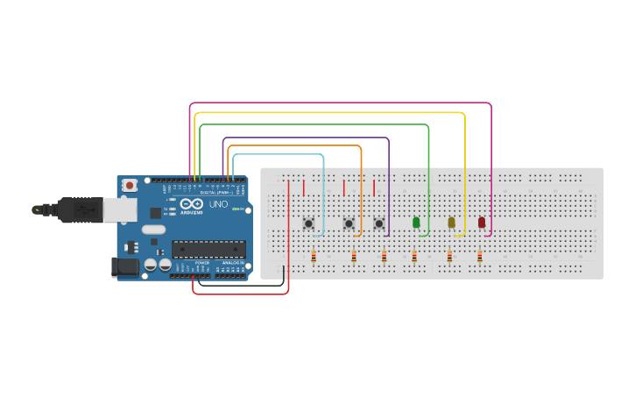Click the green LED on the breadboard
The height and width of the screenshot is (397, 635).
[416, 223]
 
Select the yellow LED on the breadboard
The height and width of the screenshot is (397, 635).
[451, 223]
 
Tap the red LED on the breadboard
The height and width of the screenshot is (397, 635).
[481, 223]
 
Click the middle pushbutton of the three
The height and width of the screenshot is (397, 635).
[349, 223]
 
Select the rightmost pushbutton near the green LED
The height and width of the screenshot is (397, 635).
[378, 223]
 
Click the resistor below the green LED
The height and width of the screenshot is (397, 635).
[414, 256]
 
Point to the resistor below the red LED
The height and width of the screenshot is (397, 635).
[479, 256]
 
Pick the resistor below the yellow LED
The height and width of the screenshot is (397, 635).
[449, 256]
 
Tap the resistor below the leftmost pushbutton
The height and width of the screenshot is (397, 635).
[314, 256]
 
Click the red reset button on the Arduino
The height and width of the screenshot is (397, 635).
[130, 185]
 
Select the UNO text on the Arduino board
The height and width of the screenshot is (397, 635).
[218, 205]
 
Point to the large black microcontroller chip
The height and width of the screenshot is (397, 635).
[208, 249]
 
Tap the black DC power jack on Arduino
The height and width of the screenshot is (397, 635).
[125, 266]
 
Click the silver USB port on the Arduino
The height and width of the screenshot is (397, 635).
[118, 209]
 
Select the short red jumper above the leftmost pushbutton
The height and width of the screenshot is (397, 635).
[304, 188]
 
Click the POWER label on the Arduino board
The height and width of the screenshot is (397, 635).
[202, 262]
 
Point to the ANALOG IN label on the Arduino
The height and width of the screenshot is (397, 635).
[233, 262]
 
